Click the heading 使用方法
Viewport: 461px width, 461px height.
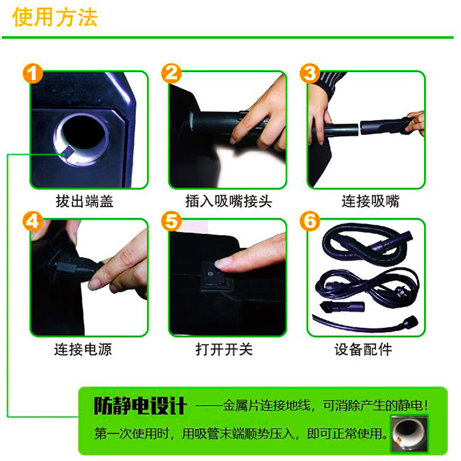click(55, 17)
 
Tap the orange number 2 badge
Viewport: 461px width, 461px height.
click(171, 74)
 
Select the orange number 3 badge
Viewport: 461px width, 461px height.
click(309, 74)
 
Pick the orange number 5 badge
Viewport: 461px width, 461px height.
click(171, 221)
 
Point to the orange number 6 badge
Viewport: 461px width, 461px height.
click(309, 221)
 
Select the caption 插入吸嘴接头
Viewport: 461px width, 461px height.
click(228, 201)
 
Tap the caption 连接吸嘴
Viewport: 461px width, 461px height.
click(370, 201)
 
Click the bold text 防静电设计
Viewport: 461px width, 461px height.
click(140, 406)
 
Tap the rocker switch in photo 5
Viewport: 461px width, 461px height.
click(213, 273)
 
